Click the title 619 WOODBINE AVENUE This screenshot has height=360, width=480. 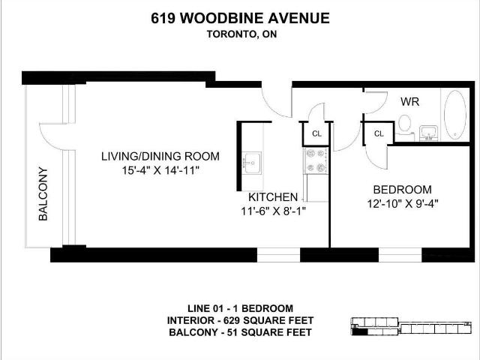[240, 18]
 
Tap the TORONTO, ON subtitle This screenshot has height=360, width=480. [241, 34]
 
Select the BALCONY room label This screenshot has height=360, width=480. [43, 193]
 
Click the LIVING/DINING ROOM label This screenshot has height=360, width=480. [160, 156]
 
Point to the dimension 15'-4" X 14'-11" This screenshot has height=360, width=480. [160, 170]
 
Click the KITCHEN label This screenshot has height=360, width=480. [273, 197]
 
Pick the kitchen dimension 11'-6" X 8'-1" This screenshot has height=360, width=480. [273, 211]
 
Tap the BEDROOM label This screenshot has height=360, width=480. [402, 190]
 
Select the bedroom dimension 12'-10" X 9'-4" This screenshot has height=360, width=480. [403, 203]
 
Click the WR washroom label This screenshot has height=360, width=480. [410, 102]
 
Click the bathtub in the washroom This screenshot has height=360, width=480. [455, 115]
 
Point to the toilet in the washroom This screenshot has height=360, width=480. [404, 125]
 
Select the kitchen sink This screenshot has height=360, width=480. [252, 163]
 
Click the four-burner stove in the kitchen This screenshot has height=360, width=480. [316, 160]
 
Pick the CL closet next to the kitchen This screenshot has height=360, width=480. [316, 133]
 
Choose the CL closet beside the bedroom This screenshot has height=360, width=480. [379, 133]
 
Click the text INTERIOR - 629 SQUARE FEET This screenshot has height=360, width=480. [240, 320]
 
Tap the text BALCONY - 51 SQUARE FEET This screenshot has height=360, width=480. [240, 332]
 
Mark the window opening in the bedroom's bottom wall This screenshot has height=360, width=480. [400, 255]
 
